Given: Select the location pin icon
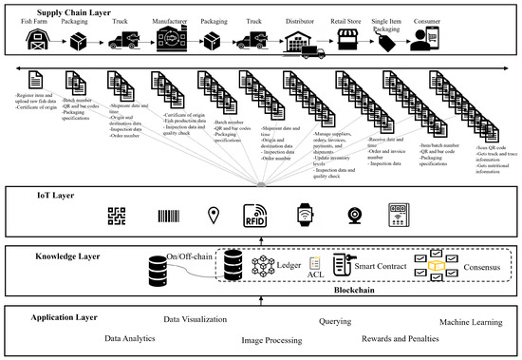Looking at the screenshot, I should tap(212, 216).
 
